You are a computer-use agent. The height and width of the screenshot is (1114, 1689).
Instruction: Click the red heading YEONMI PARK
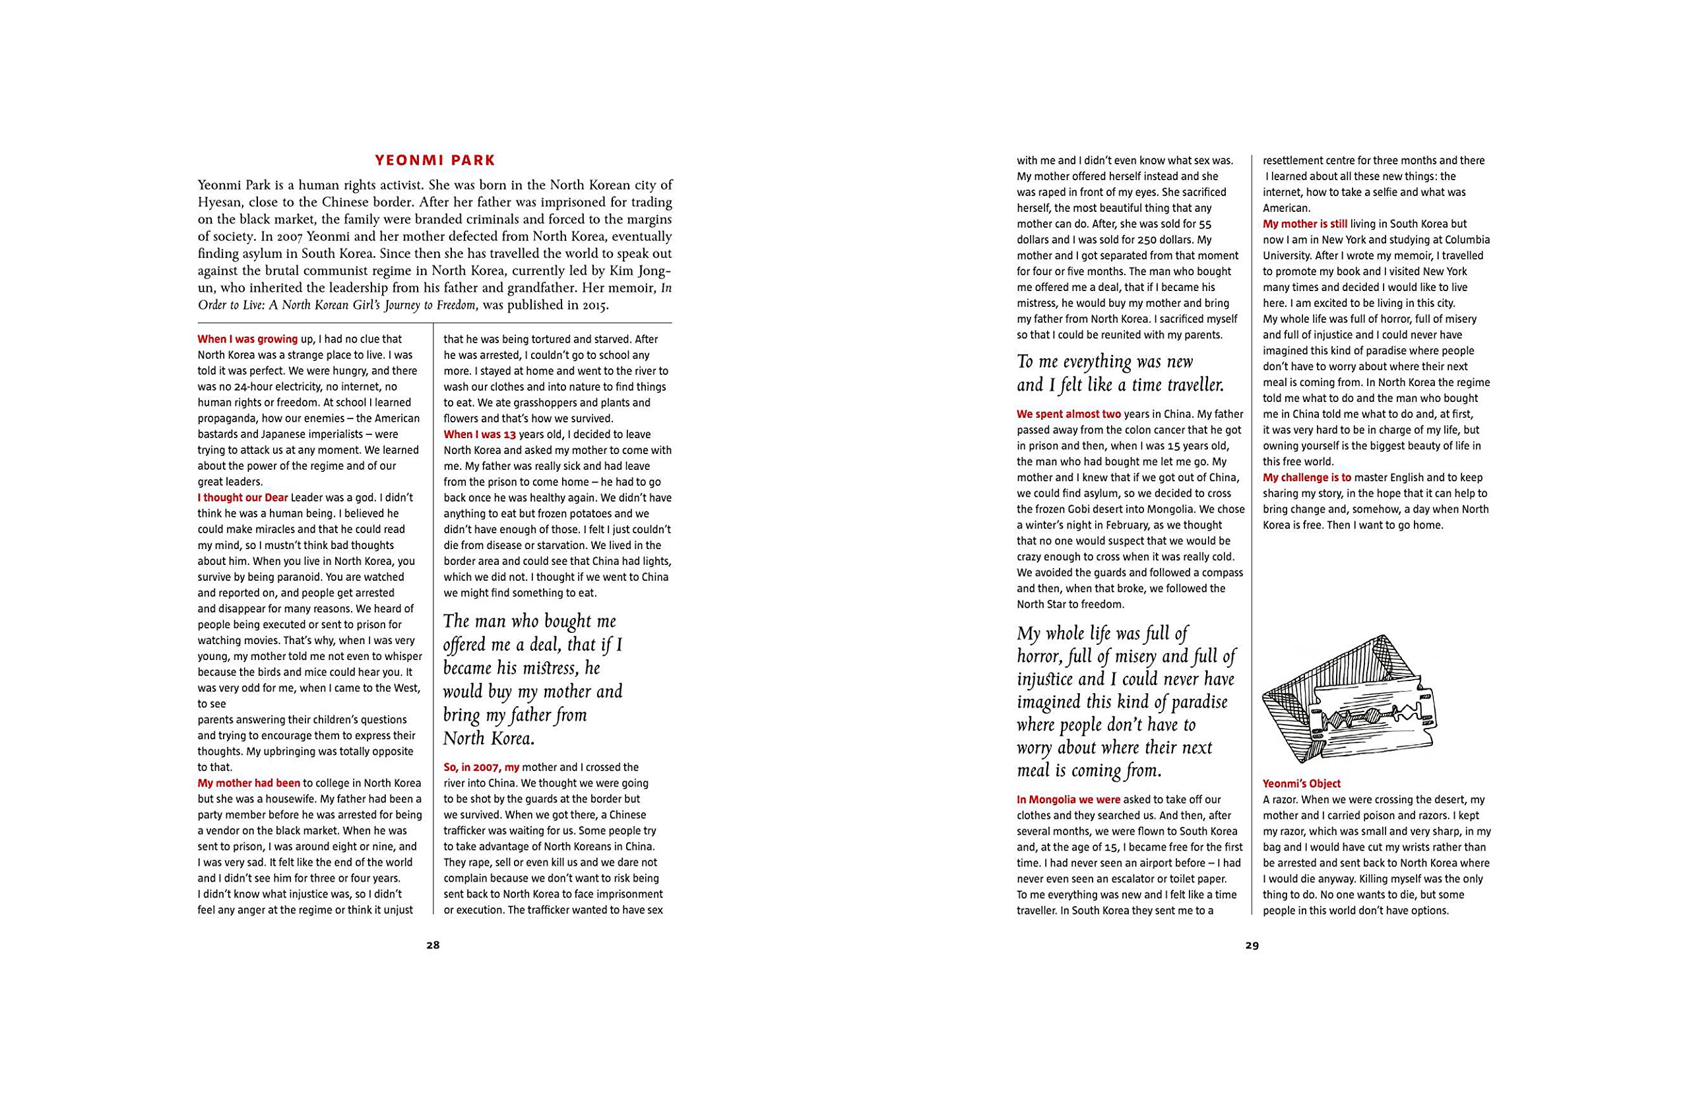point(435,160)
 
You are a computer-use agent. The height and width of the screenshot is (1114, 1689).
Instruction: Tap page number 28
point(433,946)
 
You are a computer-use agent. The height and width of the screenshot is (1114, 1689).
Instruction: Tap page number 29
point(1252,946)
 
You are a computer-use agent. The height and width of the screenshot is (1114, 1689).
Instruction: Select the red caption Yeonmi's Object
point(1301,783)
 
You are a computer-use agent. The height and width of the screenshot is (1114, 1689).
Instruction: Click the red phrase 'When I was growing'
point(247,340)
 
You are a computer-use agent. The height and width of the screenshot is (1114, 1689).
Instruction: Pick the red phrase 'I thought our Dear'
point(242,498)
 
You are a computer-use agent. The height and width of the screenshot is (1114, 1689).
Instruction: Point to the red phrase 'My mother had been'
point(249,783)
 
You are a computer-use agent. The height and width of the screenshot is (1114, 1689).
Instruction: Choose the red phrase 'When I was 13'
point(480,434)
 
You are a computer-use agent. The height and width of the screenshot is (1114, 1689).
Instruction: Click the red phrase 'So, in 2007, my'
point(482,768)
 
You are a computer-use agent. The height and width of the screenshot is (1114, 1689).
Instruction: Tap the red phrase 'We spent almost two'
point(1068,414)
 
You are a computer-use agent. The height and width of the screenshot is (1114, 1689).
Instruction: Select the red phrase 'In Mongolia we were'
point(1068,799)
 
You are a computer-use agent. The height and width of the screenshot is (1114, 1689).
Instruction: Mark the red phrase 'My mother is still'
point(1305,224)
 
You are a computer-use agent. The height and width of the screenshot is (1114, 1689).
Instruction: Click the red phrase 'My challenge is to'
point(1307,477)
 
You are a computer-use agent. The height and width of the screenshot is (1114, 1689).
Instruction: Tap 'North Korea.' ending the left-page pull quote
point(489,739)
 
